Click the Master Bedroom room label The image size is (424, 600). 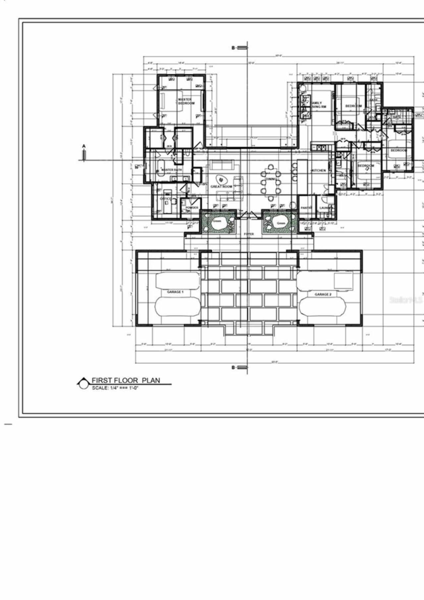(x=186, y=101)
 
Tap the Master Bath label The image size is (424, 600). (x=172, y=170)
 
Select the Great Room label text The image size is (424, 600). (x=221, y=187)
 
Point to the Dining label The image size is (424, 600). (x=271, y=179)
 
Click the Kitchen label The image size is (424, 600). (x=318, y=171)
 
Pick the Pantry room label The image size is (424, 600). (x=306, y=208)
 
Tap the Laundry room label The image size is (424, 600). (x=325, y=208)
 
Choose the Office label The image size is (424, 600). (x=166, y=199)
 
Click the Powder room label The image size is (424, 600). (x=192, y=208)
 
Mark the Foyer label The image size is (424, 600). (x=249, y=234)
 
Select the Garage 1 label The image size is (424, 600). (x=175, y=292)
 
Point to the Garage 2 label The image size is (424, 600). (x=323, y=294)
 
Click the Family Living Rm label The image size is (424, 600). (x=319, y=105)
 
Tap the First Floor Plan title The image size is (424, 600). (x=126, y=380)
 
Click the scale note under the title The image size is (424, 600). (x=115, y=388)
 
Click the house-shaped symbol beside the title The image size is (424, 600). (x=83, y=383)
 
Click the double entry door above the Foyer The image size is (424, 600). (x=249, y=215)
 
